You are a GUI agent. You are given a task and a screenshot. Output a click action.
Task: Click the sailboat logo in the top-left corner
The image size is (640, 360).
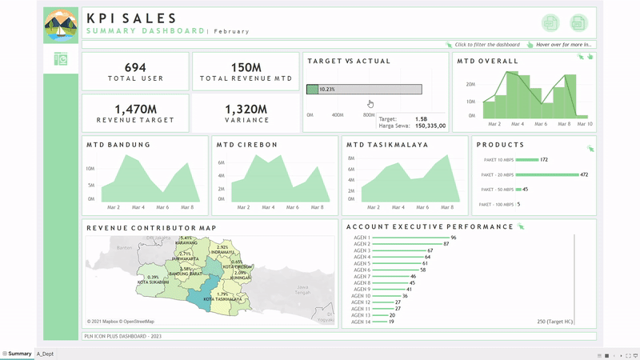pyautogui.click(x=61, y=26)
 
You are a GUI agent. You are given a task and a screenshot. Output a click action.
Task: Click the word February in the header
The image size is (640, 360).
pyautogui.click(x=231, y=31)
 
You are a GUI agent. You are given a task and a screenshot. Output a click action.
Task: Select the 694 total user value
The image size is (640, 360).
pyautogui.click(x=135, y=67)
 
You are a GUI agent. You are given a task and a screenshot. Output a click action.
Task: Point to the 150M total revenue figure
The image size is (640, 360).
pyautogui.click(x=246, y=67)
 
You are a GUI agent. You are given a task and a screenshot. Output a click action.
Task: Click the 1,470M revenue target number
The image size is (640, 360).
pyautogui.click(x=135, y=109)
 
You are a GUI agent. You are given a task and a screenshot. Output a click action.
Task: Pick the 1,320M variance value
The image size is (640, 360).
pyautogui.click(x=246, y=109)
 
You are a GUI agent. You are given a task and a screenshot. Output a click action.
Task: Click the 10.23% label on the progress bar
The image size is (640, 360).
pyautogui.click(x=326, y=90)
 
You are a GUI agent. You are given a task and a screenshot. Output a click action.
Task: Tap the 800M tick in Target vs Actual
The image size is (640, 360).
pyautogui.click(x=369, y=115)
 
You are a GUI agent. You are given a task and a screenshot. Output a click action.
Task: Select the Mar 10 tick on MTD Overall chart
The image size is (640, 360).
pyautogui.click(x=584, y=124)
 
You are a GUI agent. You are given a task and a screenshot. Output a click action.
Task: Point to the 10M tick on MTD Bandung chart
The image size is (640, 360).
pyautogui.click(x=90, y=169)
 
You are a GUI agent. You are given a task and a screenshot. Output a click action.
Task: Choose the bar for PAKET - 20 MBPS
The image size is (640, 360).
pyautogui.click(x=547, y=174)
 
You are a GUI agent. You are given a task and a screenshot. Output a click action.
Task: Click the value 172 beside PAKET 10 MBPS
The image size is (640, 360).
pyautogui.click(x=544, y=160)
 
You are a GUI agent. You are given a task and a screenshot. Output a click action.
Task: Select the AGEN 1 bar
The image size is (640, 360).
pyautogui.click(x=410, y=238)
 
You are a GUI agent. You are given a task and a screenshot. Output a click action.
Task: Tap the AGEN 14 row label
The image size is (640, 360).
pyautogui.click(x=361, y=322)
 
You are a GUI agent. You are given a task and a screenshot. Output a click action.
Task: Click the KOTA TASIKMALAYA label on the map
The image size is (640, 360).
pyautogui.click(x=223, y=300)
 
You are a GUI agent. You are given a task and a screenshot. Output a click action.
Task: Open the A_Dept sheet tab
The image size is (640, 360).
pyautogui.click(x=46, y=354)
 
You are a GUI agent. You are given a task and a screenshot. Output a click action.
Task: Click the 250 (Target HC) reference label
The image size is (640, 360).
pyautogui.click(x=554, y=322)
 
